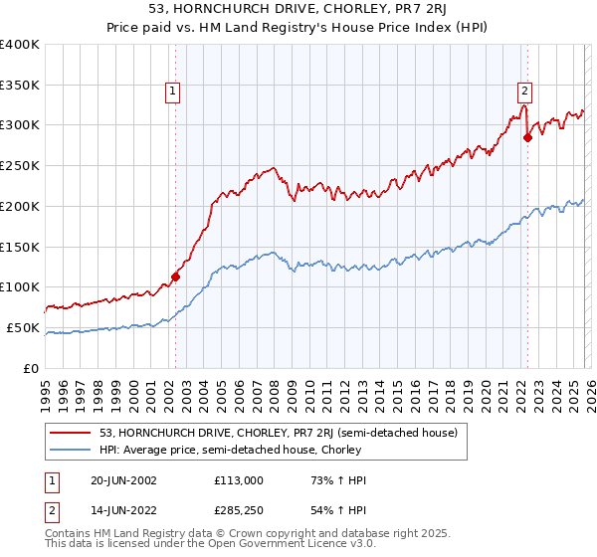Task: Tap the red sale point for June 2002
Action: (176, 277)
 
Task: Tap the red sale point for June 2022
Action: (527, 137)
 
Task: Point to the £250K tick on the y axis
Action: (20, 165)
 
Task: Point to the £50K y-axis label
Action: (23, 327)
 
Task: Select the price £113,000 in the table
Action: (238, 480)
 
